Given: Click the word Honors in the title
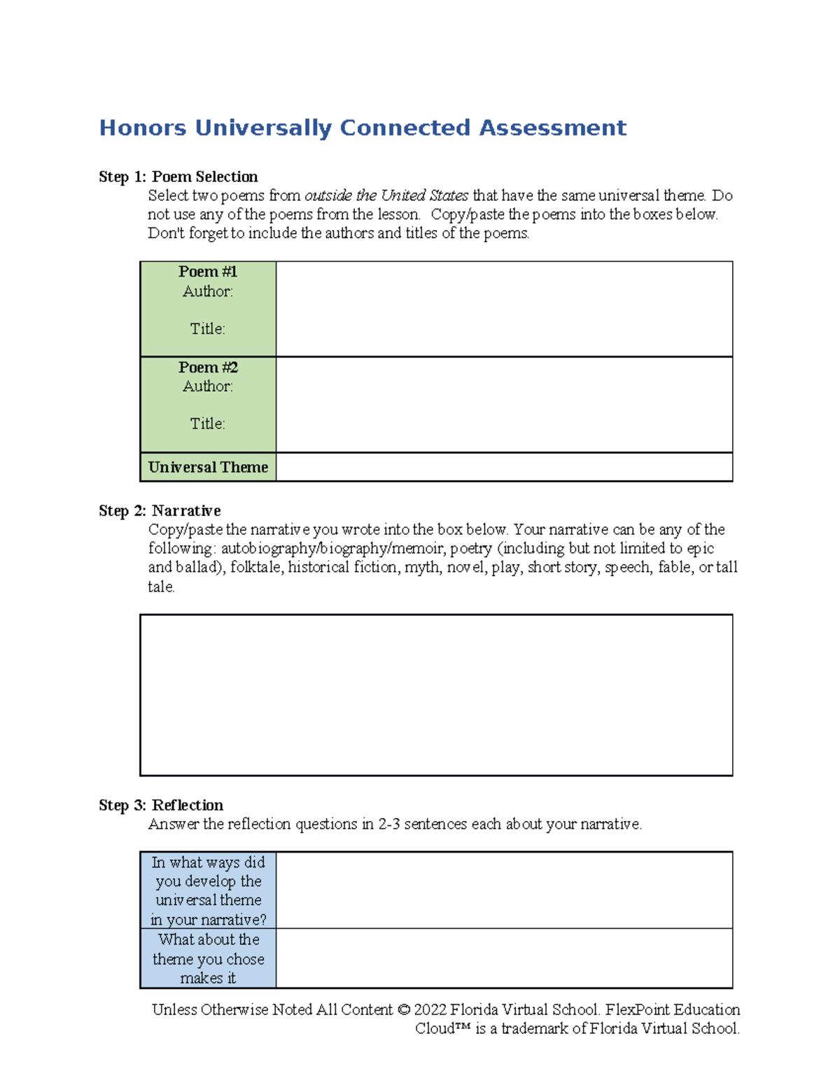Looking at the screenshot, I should tap(143, 128).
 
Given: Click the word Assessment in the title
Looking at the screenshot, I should tap(552, 128).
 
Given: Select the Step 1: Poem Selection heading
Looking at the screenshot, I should tap(178, 176).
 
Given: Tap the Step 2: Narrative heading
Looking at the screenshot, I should tap(160, 510).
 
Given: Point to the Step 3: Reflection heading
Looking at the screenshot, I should tap(161, 805).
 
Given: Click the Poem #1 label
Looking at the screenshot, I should tap(208, 272).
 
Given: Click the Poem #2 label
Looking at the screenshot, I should tap(208, 367).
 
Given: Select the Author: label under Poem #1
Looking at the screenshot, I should tap(208, 291).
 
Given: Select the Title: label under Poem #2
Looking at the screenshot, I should tap(208, 423).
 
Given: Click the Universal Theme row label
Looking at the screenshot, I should tap(208, 467).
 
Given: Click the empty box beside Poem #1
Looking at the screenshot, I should tap(504, 309).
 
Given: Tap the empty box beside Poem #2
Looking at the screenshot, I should tap(504, 405).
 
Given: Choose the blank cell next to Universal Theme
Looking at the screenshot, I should tap(504, 467).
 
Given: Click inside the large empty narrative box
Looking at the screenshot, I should tap(436, 695).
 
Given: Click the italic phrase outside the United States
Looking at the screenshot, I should tap(386, 195).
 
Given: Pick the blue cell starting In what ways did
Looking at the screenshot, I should tap(208, 890).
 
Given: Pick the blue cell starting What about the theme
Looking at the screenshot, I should tap(208, 958).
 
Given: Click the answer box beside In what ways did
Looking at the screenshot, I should tap(504, 890).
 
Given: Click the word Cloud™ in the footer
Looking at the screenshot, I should tap(443, 1028).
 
